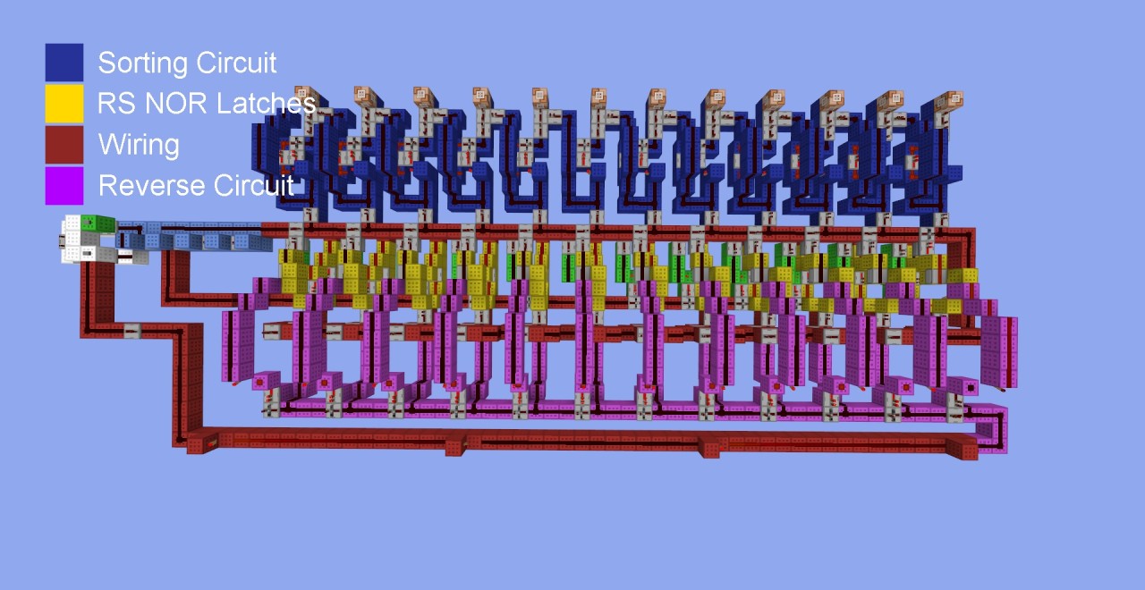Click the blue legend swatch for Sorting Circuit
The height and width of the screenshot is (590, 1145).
pos(64,63)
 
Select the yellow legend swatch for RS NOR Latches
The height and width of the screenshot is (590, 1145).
pos(64,104)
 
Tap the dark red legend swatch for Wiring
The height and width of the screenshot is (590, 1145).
pos(64,145)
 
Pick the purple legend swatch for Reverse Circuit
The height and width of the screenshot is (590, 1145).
pos(64,185)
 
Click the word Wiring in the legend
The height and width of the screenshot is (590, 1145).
pos(139,146)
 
